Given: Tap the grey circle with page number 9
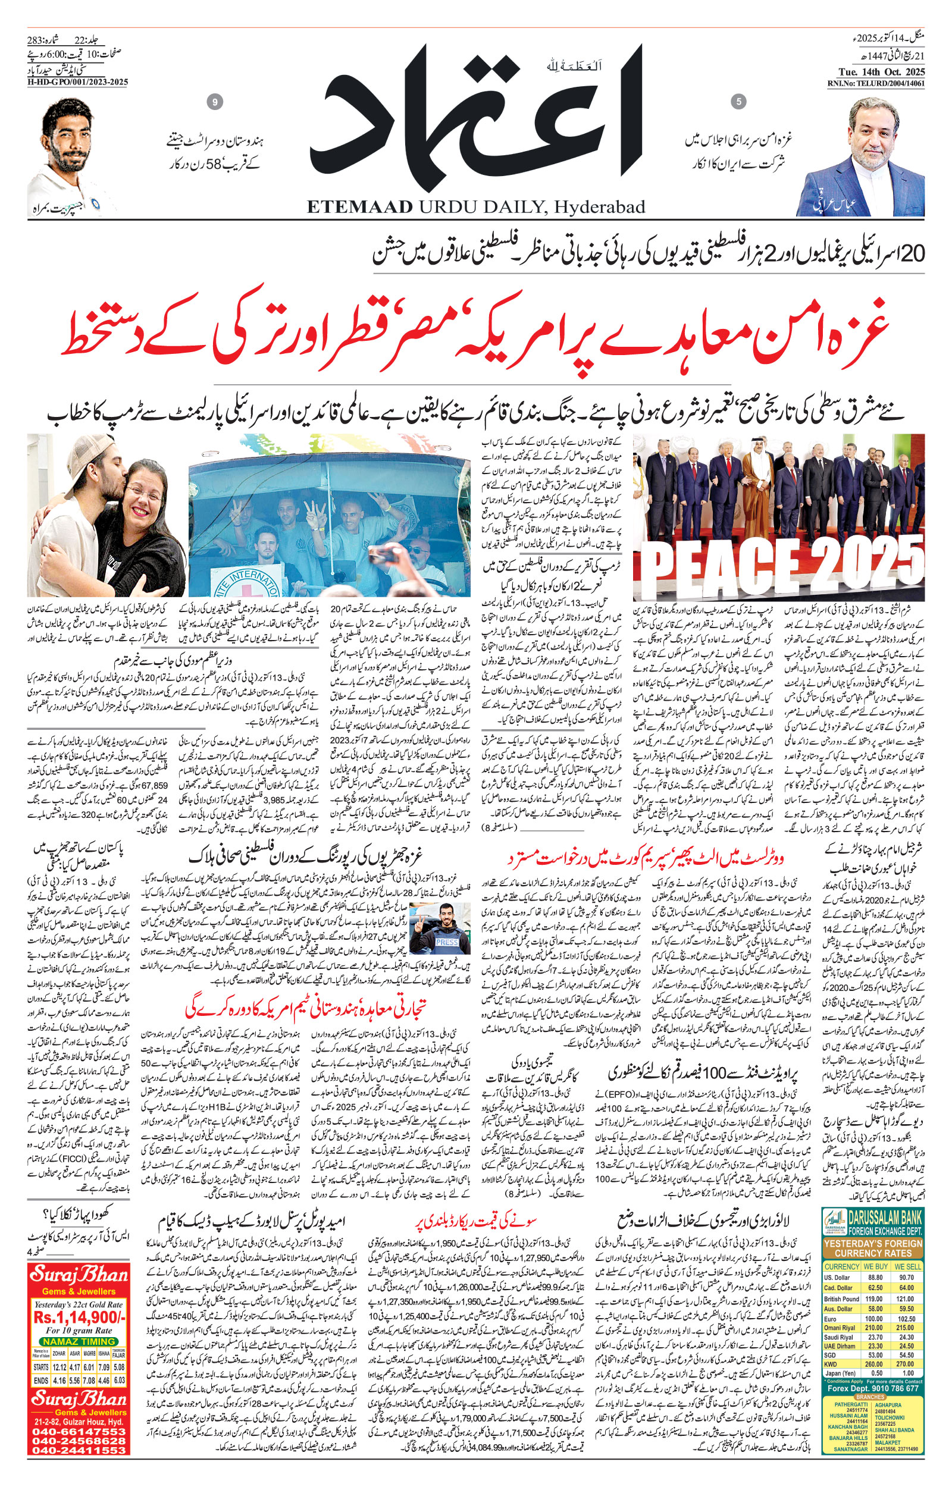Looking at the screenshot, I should click(x=215, y=102).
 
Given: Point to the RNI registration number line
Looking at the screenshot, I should click(x=876, y=83).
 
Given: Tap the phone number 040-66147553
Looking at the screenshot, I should click(x=79, y=1443).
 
